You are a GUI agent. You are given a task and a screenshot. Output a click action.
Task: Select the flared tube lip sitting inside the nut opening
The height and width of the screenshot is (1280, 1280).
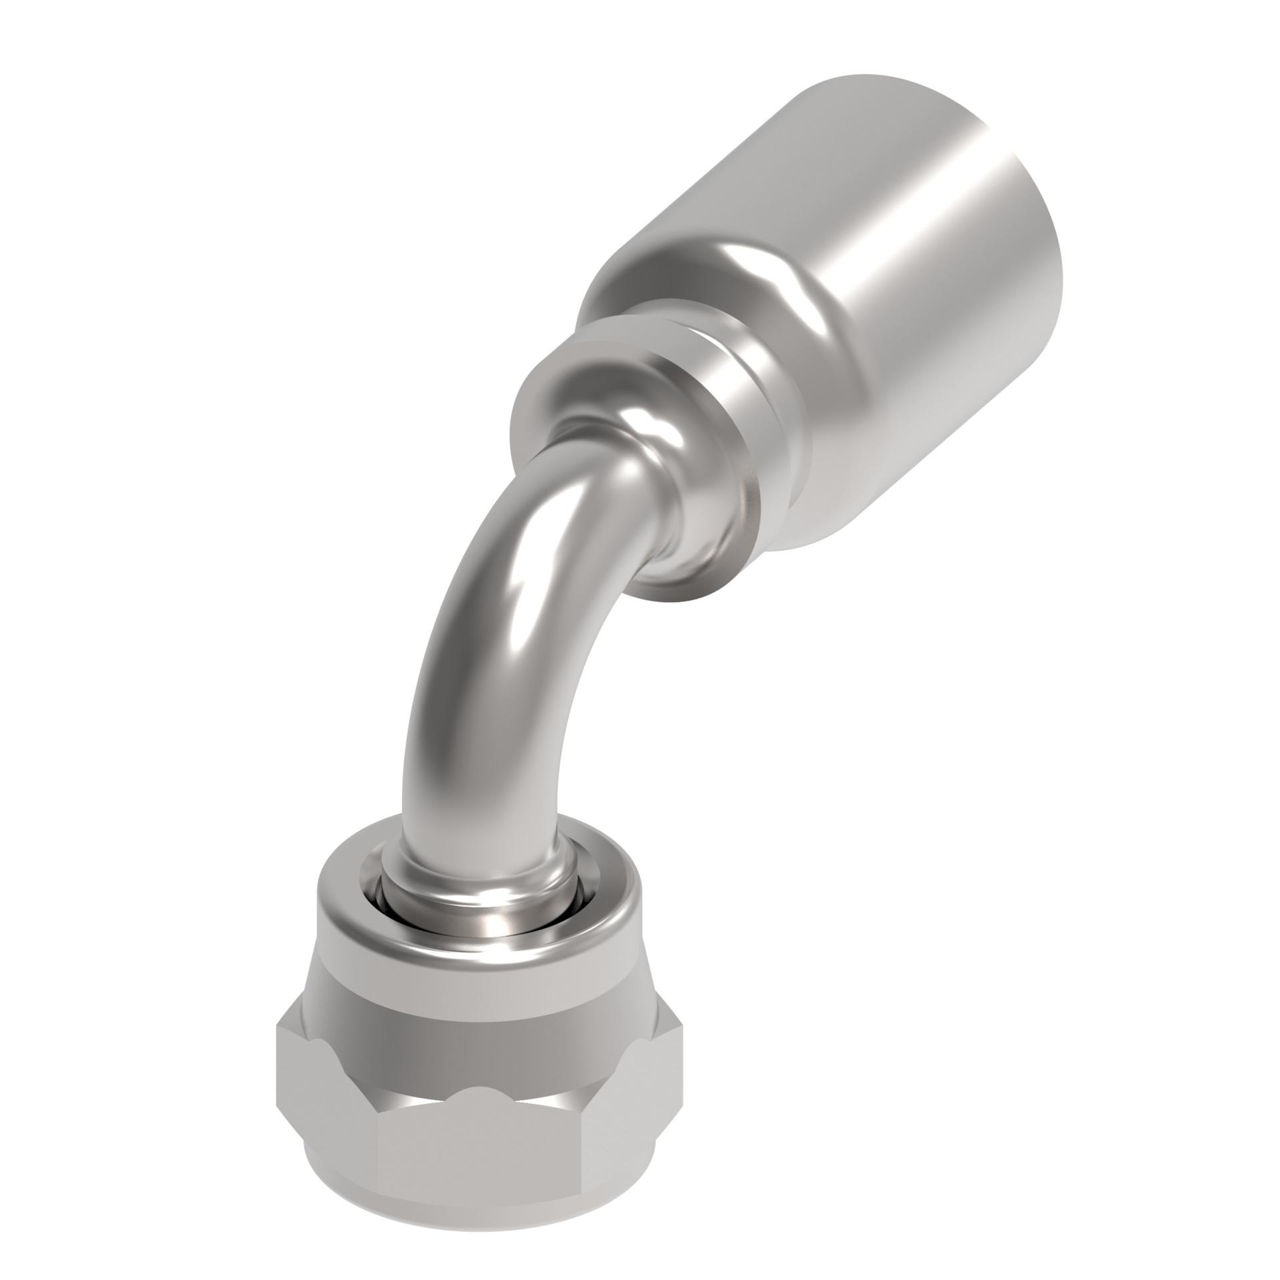coord(480,913)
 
